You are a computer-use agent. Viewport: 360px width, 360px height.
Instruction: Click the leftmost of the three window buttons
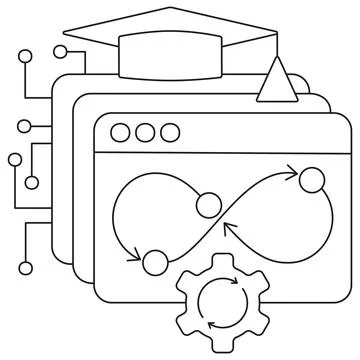123,132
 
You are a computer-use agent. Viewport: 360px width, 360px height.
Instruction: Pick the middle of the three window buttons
146,132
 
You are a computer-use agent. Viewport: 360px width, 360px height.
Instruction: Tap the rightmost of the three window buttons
170,132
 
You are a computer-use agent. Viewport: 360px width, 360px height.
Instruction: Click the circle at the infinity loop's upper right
313,181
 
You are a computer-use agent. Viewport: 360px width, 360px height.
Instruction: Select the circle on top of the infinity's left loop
209,206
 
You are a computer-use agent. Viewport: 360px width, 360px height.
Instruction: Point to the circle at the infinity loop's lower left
154,263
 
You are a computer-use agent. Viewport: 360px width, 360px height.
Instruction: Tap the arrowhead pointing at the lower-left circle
136,256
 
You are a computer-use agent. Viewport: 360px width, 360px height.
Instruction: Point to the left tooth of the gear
181,303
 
